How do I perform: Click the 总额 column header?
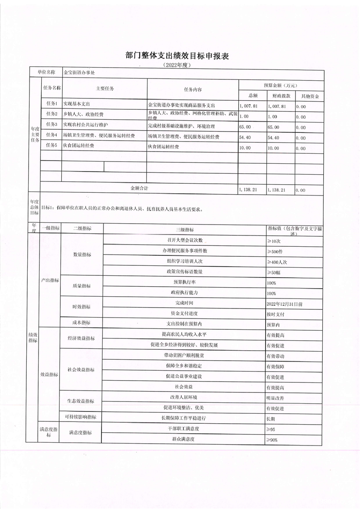point(253,96)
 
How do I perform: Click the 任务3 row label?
point(51,124)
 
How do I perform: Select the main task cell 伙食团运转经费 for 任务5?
point(79,146)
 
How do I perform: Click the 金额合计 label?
point(139,187)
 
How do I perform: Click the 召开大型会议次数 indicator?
point(184,240)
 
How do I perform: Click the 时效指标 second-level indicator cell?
point(82,308)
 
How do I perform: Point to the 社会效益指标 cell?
point(81,369)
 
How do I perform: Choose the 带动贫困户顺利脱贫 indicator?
point(184,355)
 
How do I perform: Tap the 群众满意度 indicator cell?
point(184,439)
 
